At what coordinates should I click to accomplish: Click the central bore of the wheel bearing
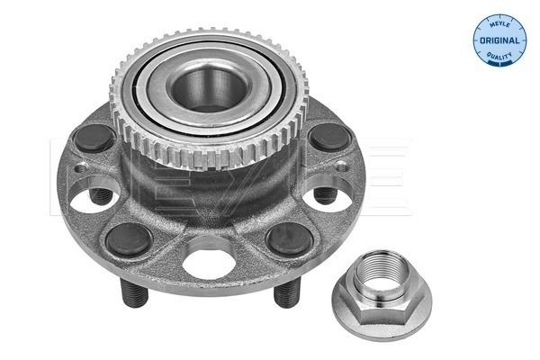(x=204, y=91)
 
